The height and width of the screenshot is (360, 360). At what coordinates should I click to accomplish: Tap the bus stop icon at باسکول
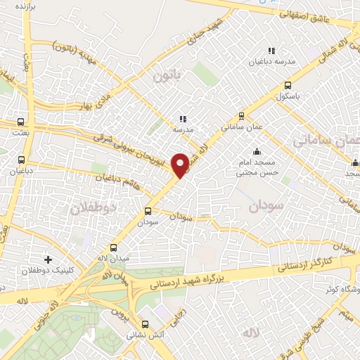tap(287, 85)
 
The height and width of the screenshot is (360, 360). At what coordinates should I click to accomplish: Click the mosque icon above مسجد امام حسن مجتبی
tap(257, 150)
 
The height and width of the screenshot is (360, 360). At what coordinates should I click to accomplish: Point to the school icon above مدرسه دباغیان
tap(271, 51)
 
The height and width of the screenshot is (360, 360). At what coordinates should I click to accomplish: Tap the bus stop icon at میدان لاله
tap(114, 247)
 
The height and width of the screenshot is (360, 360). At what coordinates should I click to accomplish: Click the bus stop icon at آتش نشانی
tap(146, 324)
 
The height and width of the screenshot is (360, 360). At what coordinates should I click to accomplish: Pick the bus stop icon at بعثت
tap(21, 122)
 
